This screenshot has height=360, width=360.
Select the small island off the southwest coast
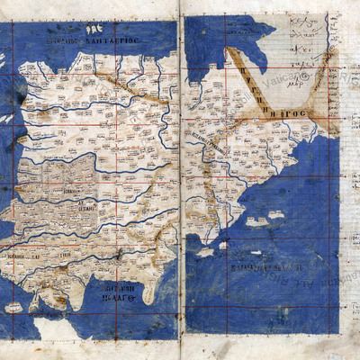(12, 308)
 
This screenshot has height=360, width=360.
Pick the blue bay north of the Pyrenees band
(216, 40)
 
